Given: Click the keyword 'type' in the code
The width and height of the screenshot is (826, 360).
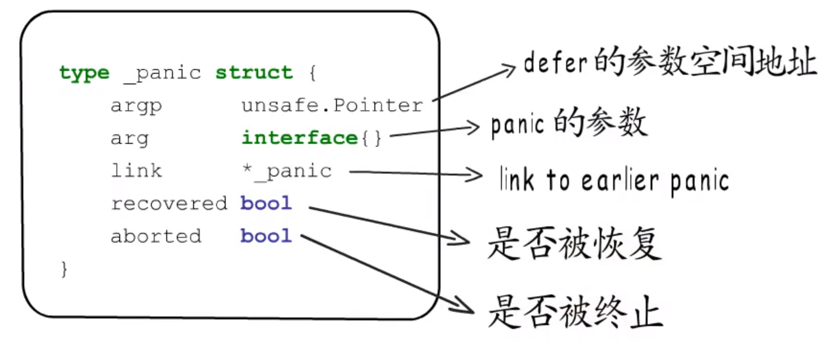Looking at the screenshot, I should [x=84, y=73].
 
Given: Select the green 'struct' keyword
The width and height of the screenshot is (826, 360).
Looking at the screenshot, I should [x=254, y=72].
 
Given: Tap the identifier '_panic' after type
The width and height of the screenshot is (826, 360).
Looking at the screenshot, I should [x=162, y=73].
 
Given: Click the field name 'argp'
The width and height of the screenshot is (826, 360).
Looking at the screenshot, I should [x=136, y=106].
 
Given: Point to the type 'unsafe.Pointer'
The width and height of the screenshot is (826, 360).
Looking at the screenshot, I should [x=332, y=106].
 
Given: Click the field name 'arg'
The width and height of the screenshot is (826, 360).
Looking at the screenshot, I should [x=129, y=139].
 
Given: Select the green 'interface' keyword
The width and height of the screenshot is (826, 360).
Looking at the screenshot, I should [x=299, y=138].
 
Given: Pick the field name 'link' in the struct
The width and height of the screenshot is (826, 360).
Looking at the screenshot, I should [x=136, y=171].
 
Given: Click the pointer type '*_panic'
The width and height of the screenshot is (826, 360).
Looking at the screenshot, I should [x=286, y=171].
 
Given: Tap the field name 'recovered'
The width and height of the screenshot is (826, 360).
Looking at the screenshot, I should [x=169, y=203].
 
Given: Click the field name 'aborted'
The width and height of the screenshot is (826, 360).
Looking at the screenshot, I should [x=155, y=236].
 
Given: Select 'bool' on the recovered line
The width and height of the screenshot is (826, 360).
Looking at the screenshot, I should [x=266, y=203].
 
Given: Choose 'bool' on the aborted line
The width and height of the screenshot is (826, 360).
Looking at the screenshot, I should [x=266, y=236].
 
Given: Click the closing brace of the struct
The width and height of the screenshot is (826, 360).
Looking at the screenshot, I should [x=64, y=269].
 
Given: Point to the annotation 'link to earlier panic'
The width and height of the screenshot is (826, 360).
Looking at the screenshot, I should [x=614, y=181].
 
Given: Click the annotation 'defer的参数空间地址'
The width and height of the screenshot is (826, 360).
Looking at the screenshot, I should [x=669, y=63].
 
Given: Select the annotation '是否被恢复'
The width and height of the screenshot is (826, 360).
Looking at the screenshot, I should [x=573, y=244].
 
